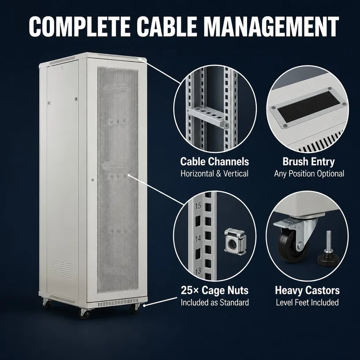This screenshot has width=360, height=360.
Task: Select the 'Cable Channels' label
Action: click(x=214, y=161)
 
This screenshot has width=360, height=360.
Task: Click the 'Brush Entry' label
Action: click(x=308, y=161)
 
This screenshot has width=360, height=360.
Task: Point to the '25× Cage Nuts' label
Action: click(x=214, y=290)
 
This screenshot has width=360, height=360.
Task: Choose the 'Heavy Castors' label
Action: click(x=307, y=290)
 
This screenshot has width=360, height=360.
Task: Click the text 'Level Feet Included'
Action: click(x=307, y=302)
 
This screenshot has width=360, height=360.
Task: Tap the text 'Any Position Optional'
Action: click(x=309, y=173)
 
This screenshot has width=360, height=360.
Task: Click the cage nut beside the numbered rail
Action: click(x=235, y=242)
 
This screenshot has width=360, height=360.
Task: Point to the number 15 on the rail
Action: click(x=198, y=206)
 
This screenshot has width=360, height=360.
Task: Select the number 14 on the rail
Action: click(x=198, y=239)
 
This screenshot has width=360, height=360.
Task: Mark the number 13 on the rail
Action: click(x=198, y=271)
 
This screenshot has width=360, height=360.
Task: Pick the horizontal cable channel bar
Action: click(x=206, y=116)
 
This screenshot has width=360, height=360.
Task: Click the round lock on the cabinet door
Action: click(x=92, y=180)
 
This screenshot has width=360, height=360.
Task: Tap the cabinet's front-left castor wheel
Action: click(x=84, y=314)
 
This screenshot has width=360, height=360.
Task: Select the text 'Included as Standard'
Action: click(x=215, y=302)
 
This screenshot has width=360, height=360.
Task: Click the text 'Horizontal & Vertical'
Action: click(x=214, y=173)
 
